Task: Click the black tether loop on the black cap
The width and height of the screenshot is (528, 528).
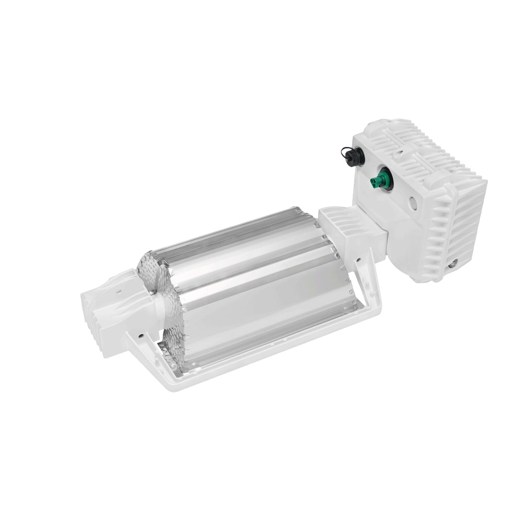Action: [342, 150]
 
